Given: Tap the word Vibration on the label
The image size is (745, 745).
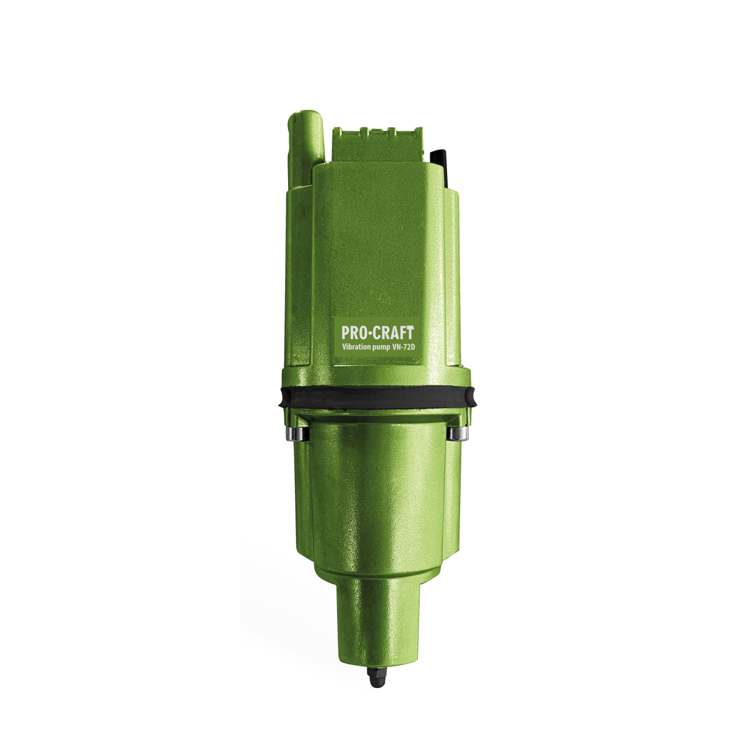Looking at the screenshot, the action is pos(356,347).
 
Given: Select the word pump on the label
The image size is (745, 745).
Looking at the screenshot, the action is pos(382,348).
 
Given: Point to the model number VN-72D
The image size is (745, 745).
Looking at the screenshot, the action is pos(404,347).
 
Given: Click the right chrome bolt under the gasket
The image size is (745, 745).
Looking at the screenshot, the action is pos(459,433).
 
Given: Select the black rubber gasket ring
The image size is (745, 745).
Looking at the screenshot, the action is pos(377,397).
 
